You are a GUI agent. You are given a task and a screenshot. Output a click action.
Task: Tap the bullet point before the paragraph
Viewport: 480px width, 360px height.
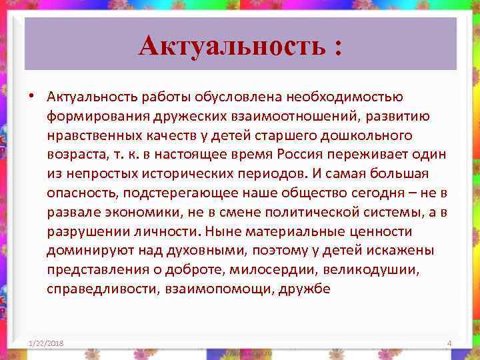(x=31, y=98)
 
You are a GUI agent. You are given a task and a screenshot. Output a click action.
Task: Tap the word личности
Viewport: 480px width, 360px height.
(x=169, y=232)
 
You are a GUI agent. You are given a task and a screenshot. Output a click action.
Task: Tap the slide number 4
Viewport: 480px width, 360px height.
(x=449, y=343)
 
